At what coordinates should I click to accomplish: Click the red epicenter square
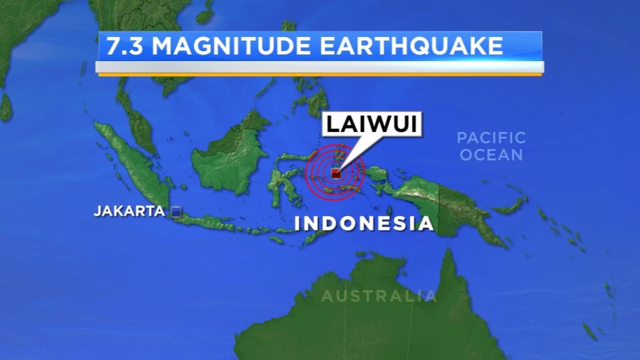click(336, 174)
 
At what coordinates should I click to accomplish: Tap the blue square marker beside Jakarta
click(176, 212)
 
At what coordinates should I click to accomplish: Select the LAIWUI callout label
click(372, 124)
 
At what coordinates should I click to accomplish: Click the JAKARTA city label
click(129, 211)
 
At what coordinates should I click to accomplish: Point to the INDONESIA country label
click(364, 223)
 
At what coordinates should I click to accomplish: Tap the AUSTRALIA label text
click(378, 296)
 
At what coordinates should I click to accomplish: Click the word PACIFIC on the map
click(491, 138)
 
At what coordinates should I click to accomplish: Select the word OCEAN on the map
click(491, 155)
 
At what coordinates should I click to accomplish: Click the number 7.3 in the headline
click(124, 46)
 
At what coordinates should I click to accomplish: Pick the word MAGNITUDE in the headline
click(231, 46)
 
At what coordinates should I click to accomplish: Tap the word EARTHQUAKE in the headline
click(411, 46)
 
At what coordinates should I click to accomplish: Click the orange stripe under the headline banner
click(320, 74)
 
